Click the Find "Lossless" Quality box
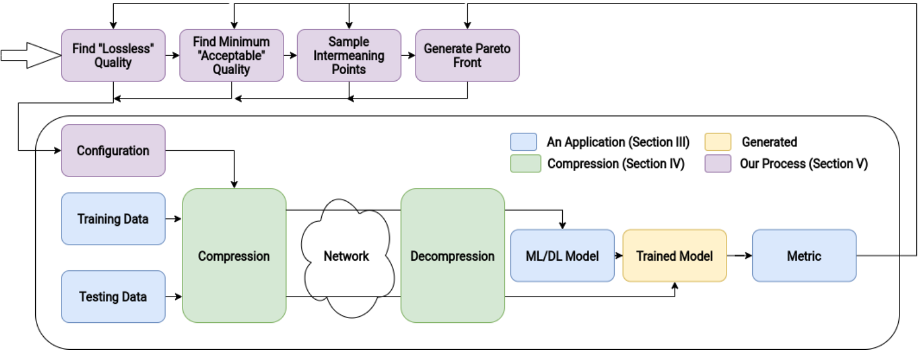pyautogui.click(x=113, y=55)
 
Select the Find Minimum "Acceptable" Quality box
pyautogui.click(x=231, y=55)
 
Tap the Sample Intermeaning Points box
pyautogui.click(x=349, y=55)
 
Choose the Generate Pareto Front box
pyautogui.click(x=467, y=55)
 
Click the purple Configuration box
pyautogui.click(x=113, y=150)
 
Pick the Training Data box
pyautogui.click(x=113, y=219)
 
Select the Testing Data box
pyautogui.click(x=113, y=297)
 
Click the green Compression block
pyautogui.click(x=234, y=256)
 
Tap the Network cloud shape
pyautogui.click(x=346, y=256)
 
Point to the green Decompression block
pyautogui.click(x=452, y=256)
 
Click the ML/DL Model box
pyautogui.click(x=562, y=255)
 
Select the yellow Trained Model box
pyautogui.click(x=675, y=255)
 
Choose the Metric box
pyautogui.click(x=804, y=255)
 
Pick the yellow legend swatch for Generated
pyautogui.click(x=718, y=142)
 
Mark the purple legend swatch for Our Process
pyautogui.click(x=718, y=163)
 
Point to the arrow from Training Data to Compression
pyautogui.click(x=173, y=219)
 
